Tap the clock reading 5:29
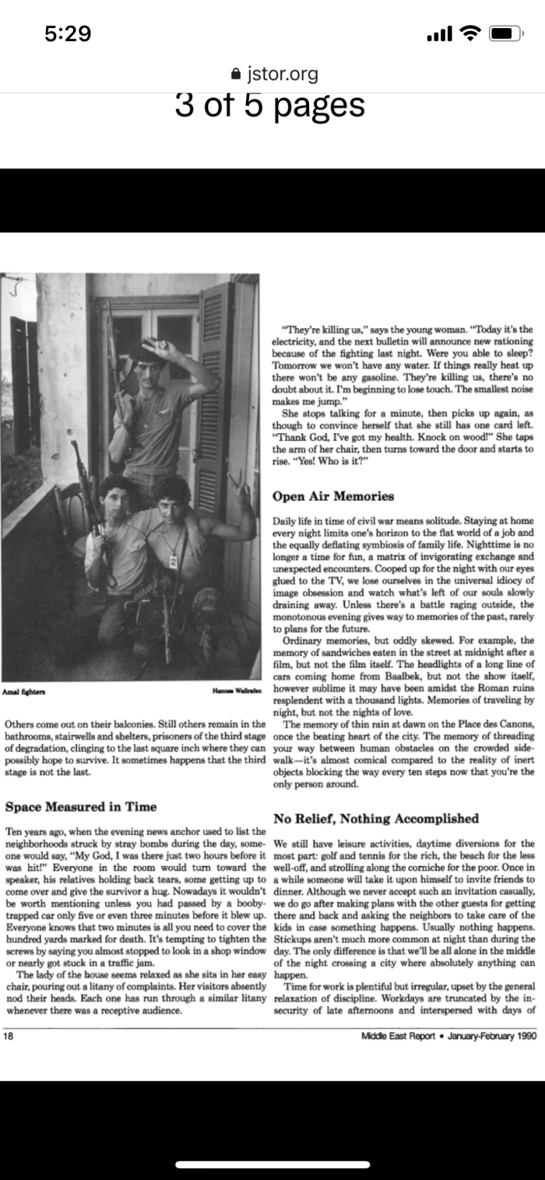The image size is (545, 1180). point(68,33)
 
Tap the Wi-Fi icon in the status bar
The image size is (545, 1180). point(470,33)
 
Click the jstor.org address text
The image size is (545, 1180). point(282,74)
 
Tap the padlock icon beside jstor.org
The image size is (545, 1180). point(237,74)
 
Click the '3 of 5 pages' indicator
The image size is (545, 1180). point(270,106)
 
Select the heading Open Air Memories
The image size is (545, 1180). point(333,496)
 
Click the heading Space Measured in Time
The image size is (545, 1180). point(81,807)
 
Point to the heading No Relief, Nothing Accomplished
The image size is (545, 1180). point(376,819)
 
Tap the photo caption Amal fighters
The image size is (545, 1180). point(24,692)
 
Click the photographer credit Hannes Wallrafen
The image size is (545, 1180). point(236,692)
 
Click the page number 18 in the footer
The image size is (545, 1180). point(9,1036)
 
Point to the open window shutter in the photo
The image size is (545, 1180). point(213,389)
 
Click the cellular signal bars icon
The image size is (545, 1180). point(440,33)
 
